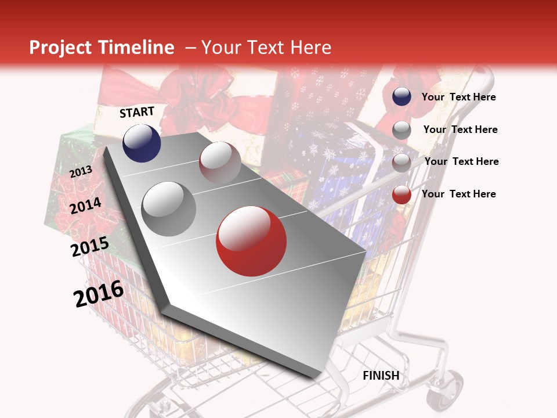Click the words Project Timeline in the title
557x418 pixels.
coord(102,48)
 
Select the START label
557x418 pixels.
coord(137,112)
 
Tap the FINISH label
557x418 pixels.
coord(381,376)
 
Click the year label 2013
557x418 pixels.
coord(81,172)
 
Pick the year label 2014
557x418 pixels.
coord(86,206)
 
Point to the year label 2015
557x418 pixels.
coord(90,247)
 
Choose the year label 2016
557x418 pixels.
coord(99,294)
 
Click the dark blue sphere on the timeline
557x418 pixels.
coord(142,143)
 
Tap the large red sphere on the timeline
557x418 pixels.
coord(251,241)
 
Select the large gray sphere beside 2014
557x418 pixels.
coord(169,208)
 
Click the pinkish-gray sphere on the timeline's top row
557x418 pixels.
coord(220,162)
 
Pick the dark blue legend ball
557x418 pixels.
coord(402,97)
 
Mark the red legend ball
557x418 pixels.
coord(402,194)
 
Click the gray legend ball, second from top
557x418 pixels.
coord(402,130)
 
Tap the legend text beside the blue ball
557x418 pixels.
coord(458,97)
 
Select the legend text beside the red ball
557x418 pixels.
coord(458,194)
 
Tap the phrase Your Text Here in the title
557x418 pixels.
coord(266,48)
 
